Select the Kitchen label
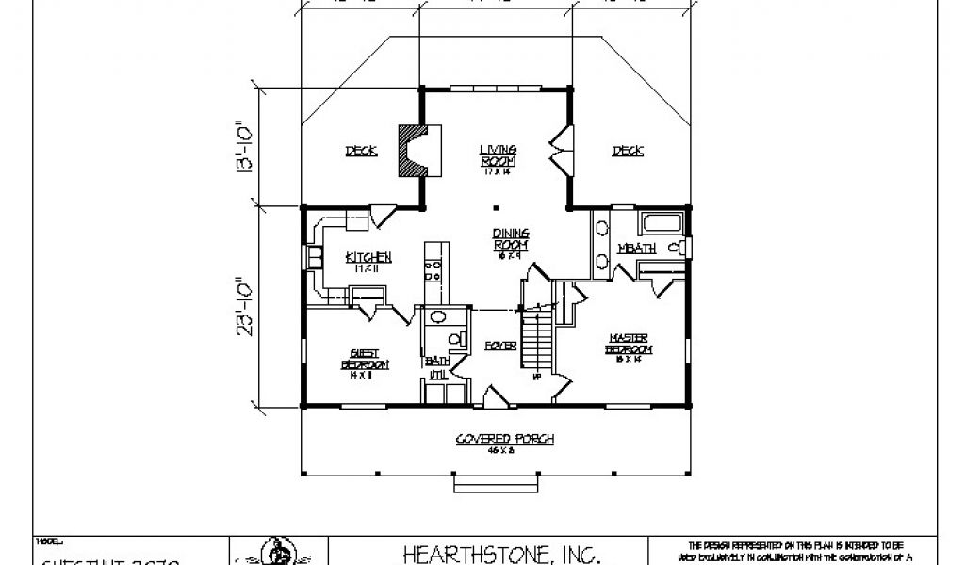tap(368, 261)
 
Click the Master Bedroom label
tap(629, 345)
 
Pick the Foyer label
tap(500, 346)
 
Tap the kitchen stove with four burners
tap(434, 270)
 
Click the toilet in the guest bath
tap(455, 338)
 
